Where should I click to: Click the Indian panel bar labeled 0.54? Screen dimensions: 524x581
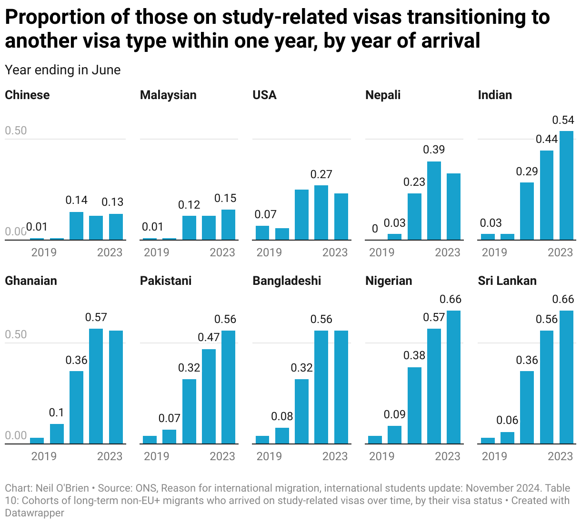pyautogui.click(x=566, y=185)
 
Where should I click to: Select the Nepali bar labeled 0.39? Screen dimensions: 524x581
pyautogui.click(x=434, y=201)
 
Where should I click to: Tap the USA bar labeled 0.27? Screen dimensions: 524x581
pyautogui.click(x=321, y=212)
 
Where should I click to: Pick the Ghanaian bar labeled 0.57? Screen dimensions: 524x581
pyautogui.click(x=96, y=386)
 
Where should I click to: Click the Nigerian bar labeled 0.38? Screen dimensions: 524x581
pyautogui.click(x=414, y=405)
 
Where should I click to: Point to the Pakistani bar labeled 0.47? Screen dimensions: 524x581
pyautogui.click(x=209, y=396)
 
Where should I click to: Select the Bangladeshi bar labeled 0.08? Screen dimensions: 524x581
pyautogui.click(x=282, y=435)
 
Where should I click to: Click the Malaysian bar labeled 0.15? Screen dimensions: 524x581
pyautogui.click(x=229, y=224)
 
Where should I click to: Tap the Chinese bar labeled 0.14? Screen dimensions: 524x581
pyautogui.click(x=77, y=226)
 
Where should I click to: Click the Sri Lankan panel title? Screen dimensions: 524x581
pyautogui.click(x=507, y=281)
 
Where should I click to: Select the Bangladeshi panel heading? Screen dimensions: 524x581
pyautogui.click(x=287, y=281)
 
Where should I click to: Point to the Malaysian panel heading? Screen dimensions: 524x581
pyautogui.click(x=168, y=95)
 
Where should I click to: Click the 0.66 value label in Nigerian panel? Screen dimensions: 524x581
pyautogui.click(x=451, y=299)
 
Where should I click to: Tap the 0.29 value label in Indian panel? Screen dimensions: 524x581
pyautogui.click(x=527, y=171)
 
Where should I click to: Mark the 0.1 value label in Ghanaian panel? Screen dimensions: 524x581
pyautogui.click(x=57, y=413)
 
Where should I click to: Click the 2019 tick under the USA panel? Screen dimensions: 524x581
pyautogui.click(x=269, y=252)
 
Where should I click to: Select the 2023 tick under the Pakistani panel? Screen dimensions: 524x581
pyautogui.click(x=222, y=456)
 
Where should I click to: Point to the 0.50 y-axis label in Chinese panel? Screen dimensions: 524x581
pyautogui.click(x=16, y=131)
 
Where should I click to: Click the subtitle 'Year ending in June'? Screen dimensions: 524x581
pyautogui.click(x=63, y=70)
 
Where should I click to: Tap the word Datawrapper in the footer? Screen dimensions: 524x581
pyautogui.click(x=34, y=513)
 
